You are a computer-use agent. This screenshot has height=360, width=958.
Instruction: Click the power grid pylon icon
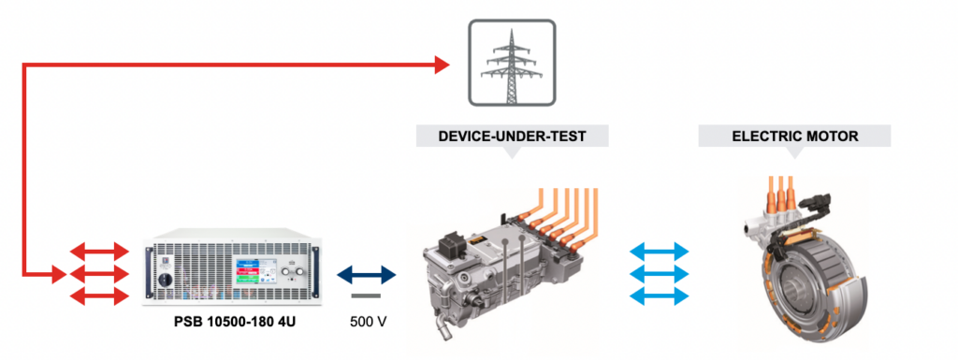(511, 64)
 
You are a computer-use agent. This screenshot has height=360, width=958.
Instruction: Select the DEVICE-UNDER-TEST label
(512, 137)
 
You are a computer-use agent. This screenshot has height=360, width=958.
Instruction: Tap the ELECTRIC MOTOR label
(794, 137)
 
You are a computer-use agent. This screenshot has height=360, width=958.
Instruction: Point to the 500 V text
(368, 323)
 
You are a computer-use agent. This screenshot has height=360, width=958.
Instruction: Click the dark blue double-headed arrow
(368, 275)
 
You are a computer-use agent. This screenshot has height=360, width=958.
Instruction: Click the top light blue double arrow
(660, 252)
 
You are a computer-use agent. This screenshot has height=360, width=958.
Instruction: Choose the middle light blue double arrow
(660, 274)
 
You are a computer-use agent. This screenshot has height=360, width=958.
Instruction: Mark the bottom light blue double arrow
(660, 296)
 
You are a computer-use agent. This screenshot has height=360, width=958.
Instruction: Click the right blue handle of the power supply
(310, 271)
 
